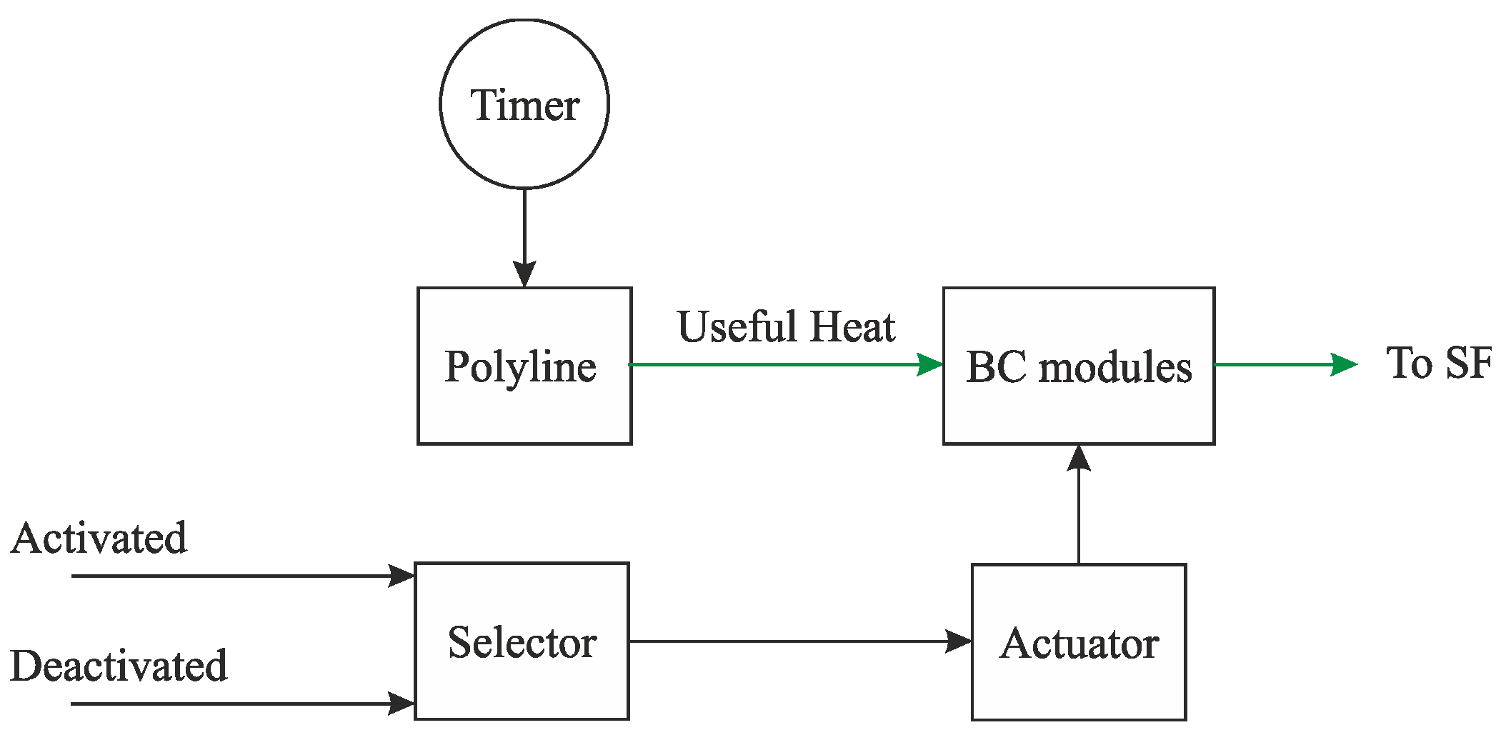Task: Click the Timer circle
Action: tap(524, 104)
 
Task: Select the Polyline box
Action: tap(524, 366)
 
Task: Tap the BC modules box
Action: tap(1078, 366)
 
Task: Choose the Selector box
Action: tap(522, 641)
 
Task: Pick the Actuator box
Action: tap(1078, 642)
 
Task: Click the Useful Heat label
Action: tap(786, 327)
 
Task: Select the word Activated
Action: tap(99, 538)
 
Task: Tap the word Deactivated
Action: tap(119, 666)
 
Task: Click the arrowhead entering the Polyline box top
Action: tap(524, 274)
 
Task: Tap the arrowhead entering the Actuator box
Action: tap(957, 641)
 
